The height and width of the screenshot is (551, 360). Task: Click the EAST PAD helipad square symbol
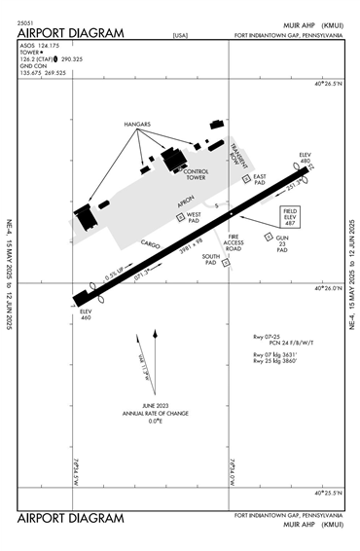(x=246, y=177)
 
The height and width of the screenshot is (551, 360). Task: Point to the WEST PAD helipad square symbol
(x=180, y=218)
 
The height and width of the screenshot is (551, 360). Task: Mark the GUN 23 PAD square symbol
(x=269, y=236)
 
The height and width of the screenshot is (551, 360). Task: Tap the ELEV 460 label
(x=85, y=314)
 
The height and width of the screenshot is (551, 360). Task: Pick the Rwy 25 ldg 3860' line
(x=281, y=361)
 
